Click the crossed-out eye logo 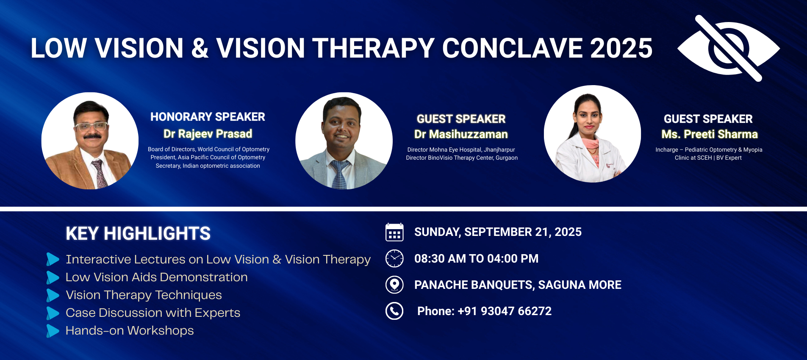(x=728, y=48)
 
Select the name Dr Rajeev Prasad (x=208, y=134)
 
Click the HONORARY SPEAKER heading (x=208, y=117)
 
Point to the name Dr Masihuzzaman (x=461, y=134)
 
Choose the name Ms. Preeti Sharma (x=710, y=134)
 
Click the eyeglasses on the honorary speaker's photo (x=91, y=127)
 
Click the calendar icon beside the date (x=394, y=232)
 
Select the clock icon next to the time (x=394, y=258)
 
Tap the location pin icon (x=394, y=285)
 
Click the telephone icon (x=394, y=311)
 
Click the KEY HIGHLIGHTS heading (x=138, y=233)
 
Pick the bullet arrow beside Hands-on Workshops (x=53, y=331)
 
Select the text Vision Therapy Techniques (x=144, y=295)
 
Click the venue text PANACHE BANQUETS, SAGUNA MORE (x=518, y=285)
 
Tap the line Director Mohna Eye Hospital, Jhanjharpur (x=461, y=150)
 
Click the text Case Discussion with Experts (x=153, y=313)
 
